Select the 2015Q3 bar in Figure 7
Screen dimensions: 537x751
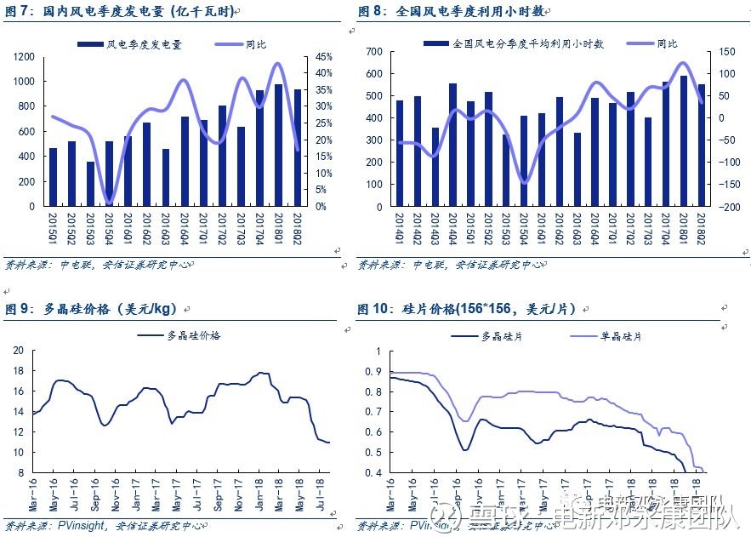90,184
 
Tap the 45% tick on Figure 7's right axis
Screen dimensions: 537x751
323,56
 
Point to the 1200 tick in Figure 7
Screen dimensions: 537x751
25,56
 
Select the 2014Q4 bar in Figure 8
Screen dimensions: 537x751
452,145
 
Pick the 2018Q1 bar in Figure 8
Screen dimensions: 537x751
683,141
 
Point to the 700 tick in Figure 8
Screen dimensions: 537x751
375,52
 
